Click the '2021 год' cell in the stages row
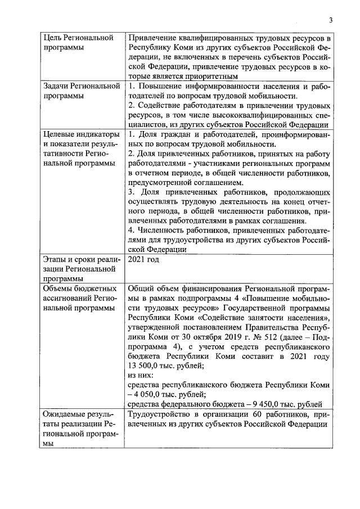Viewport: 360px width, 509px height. click(x=144, y=259)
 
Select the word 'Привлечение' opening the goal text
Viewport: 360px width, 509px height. click(x=153, y=38)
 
